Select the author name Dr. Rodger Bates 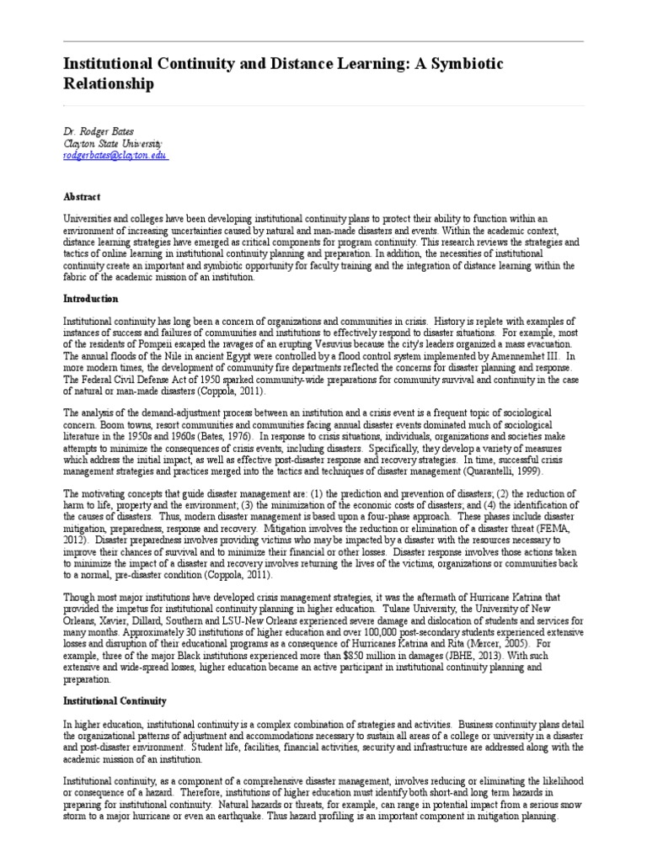tap(98, 133)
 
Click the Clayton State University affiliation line tap(113, 144)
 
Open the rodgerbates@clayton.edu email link tap(115, 156)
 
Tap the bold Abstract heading tap(82, 195)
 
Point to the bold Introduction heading tap(91, 298)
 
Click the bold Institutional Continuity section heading tap(115, 700)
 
